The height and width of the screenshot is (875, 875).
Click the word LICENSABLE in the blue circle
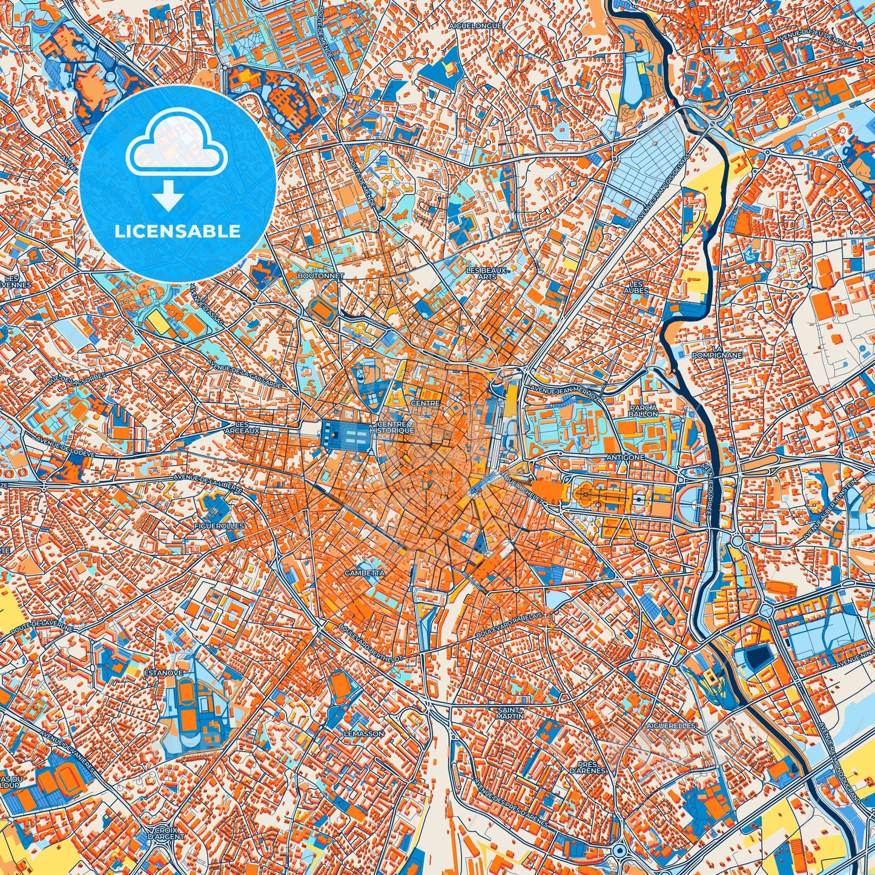(x=178, y=231)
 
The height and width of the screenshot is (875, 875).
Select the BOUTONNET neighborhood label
(x=321, y=276)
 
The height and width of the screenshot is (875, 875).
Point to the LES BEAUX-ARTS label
(x=487, y=273)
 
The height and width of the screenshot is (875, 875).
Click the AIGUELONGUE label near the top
(x=475, y=26)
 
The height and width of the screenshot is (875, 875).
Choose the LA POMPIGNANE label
(x=718, y=352)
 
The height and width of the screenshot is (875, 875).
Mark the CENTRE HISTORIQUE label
(x=395, y=428)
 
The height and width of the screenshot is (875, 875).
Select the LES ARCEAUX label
(x=242, y=428)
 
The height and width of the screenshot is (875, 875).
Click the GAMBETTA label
(x=364, y=572)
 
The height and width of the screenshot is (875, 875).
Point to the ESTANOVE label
(x=160, y=672)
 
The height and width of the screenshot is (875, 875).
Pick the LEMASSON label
(x=364, y=733)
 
